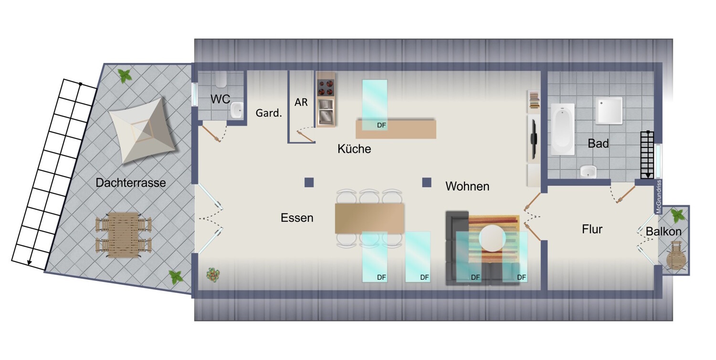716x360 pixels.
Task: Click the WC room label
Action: tap(221, 99)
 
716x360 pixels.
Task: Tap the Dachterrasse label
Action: tap(130, 182)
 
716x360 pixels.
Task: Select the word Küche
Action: tap(354, 149)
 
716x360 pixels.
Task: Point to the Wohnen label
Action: tap(467, 186)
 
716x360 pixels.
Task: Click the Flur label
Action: tap(592, 229)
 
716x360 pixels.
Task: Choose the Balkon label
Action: tap(663, 232)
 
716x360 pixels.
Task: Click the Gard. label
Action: tap(269, 114)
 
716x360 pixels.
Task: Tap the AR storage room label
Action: tap(301, 102)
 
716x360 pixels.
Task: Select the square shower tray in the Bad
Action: tap(609, 110)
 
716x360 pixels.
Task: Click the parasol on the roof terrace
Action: tap(142, 136)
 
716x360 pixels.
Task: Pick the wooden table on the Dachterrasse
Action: tap(124, 234)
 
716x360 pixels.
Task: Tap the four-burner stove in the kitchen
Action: tap(326, 88)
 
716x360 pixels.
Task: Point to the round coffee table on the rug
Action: tap(493, 237)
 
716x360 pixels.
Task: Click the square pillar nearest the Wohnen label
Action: tap(427, 182)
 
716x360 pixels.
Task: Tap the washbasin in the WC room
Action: tap(236, 111)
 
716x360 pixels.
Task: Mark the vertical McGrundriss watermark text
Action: tap(659, 196)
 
